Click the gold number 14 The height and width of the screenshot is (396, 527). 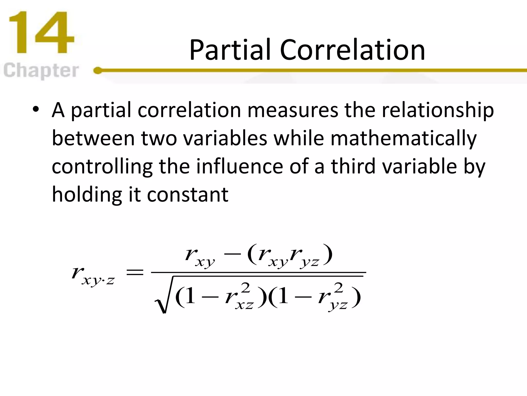click(x=41, y=33)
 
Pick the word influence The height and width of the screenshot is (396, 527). click(x=240, y=167)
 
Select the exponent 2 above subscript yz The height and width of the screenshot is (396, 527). click(x=338, y=288)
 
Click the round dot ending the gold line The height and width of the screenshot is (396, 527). click(x=98, y=70)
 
